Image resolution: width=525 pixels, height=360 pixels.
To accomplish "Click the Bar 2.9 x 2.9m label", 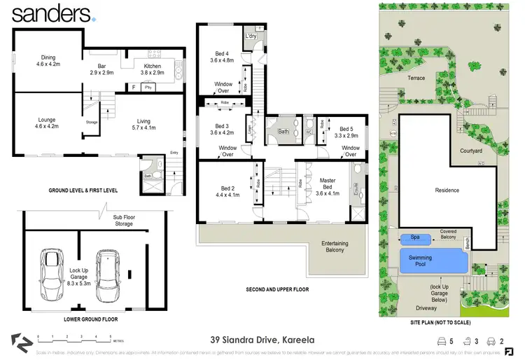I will (97, 69).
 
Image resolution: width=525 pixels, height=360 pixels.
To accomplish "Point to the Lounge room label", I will (46, 123).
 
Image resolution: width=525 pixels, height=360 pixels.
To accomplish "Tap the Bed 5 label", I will (347, 132).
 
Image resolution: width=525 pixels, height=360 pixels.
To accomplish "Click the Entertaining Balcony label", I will (335, 247).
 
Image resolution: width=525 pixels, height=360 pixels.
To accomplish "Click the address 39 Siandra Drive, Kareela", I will (258, 340).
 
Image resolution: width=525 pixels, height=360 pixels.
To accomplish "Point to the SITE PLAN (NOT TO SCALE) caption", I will (442, 323).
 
